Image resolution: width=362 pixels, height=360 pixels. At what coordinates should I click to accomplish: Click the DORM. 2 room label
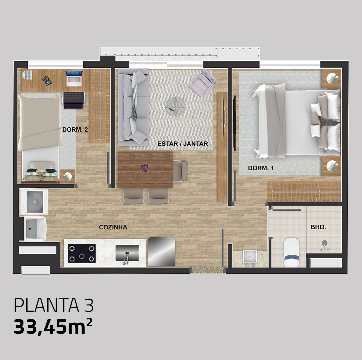(75, 130)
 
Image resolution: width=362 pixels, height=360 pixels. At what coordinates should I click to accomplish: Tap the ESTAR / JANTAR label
(182, 144)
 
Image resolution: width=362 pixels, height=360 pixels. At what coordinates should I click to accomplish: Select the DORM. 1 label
(260, 168)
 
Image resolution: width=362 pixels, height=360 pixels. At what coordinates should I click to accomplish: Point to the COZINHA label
(113, 227)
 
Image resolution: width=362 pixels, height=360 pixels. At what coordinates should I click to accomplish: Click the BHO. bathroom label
(318, 227)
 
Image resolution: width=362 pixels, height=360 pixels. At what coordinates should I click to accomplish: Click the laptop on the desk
(74, 77)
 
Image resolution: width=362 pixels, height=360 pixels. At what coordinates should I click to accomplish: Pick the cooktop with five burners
(82, 253)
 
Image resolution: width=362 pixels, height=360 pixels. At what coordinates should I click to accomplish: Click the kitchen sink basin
(127, 252)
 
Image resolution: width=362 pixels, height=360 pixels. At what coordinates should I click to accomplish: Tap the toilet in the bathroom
(291, 252)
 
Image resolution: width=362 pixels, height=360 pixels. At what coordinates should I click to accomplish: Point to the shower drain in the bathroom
(325, 243)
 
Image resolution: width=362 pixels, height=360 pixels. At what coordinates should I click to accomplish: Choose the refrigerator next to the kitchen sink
(161, 251)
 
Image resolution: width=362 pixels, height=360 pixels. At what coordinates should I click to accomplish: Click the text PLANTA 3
(53, 305)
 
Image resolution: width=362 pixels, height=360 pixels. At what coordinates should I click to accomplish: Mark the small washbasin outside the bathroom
(249, 257)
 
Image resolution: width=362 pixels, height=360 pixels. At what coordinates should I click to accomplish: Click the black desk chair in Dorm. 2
(74, 100)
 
